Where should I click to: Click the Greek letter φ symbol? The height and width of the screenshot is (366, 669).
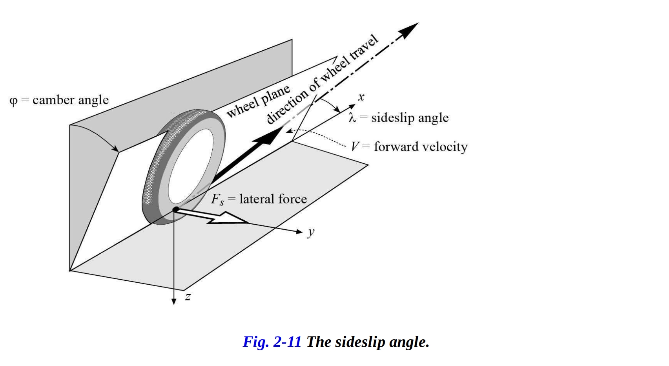tap(13, 101)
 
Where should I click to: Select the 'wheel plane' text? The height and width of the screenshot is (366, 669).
tap(259, 101)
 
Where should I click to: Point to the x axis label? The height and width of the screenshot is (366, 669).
tap(361, 97)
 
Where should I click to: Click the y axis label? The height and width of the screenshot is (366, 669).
tap(311, 232)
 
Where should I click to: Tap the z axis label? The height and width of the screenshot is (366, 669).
tap(188, 297)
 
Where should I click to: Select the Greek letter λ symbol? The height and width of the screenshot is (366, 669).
tap(352, 118)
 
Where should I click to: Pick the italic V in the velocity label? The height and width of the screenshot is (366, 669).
tap(354, 147)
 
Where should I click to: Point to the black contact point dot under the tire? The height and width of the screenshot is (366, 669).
tap(175, 209)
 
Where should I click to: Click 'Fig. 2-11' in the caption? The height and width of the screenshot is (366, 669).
tap(272, 342)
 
